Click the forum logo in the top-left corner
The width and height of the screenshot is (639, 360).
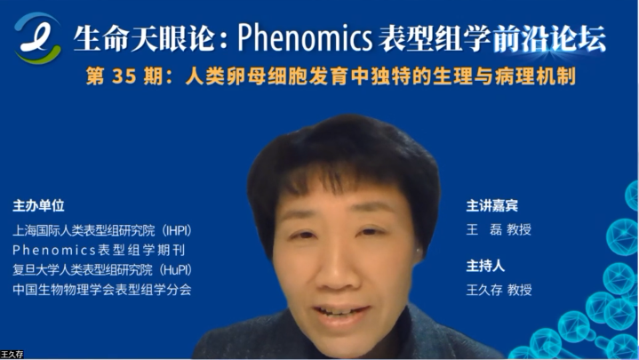(38, 38)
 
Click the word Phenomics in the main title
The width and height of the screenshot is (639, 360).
(305, 37)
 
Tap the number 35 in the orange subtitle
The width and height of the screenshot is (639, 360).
(124, 76)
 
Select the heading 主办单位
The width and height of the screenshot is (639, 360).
(38, 205)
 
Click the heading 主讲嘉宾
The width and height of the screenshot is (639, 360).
(491, 205)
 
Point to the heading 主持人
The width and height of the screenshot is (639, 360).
(485, 266)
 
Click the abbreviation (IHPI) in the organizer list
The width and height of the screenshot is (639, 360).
(177, 230)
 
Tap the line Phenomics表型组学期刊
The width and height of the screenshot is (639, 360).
(99, 250)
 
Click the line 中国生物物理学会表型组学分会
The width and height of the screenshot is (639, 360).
(102, 290)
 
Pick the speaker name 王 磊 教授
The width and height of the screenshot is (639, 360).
(499, 229)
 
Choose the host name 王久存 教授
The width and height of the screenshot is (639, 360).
(499, 290)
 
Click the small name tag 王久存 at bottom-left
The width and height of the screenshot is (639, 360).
(12, 355)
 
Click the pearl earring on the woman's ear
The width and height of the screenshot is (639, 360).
(419, 250)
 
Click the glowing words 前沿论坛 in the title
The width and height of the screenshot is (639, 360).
(549, 38)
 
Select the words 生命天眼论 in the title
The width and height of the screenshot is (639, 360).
(144, 38)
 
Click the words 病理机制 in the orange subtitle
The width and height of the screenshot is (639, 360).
(535, 76)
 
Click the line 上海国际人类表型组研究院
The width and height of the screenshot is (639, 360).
(84, 230)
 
